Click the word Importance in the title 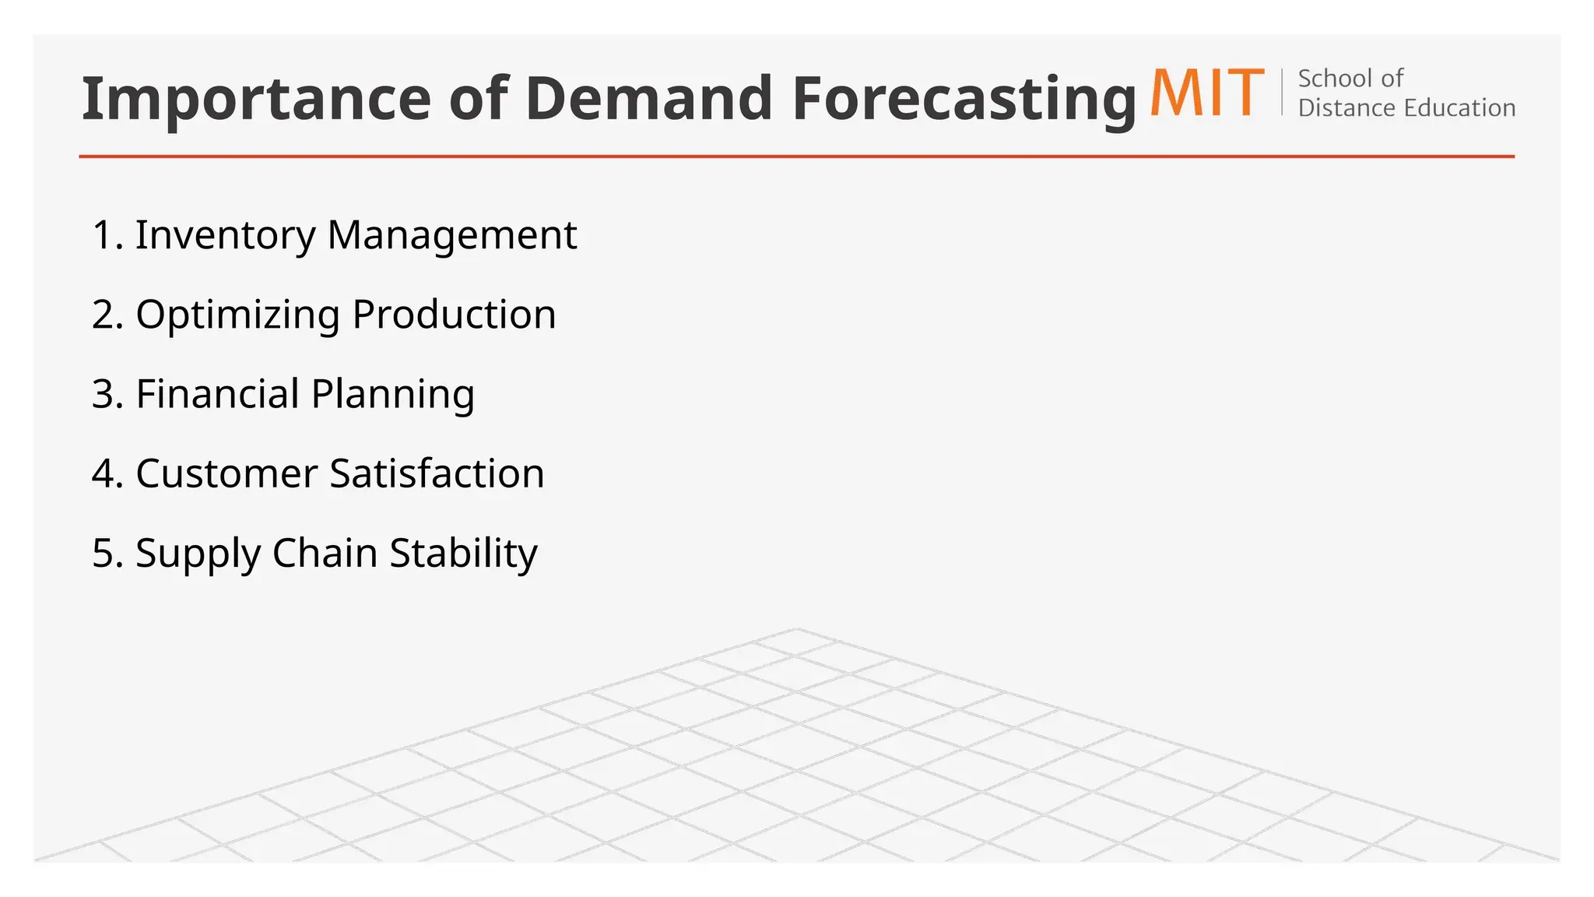pos(256,99)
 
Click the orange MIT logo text pos(1206,93)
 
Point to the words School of pos(1350,79)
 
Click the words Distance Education pos(1406,107)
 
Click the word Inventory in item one pos(225,235)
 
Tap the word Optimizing pos(237,316)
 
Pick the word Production pos(454,315)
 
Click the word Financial pos(217,394)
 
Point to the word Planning pos(393,396)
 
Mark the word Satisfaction pos(437,473)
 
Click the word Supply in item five pos(198,554)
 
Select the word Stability pos(463,554)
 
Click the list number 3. pos(104,394)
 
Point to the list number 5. pos(104,553)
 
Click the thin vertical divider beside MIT pos(1282,92)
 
